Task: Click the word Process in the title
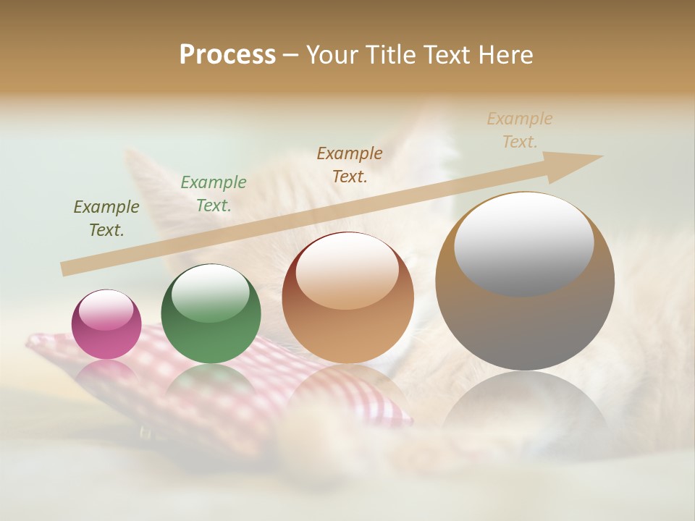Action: tap(227, 55)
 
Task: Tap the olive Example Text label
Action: tap(106, 219)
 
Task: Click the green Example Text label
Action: tap(214, 194)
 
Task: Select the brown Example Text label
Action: tap(350, 164)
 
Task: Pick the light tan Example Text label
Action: tap(520, 130)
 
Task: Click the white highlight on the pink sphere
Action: tap(106, 309)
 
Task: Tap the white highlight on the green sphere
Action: tap(211, 292)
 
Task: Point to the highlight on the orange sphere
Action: tap(347, 270)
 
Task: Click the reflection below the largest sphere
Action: tap(525, 405)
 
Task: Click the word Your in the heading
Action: tap(332, 55)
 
